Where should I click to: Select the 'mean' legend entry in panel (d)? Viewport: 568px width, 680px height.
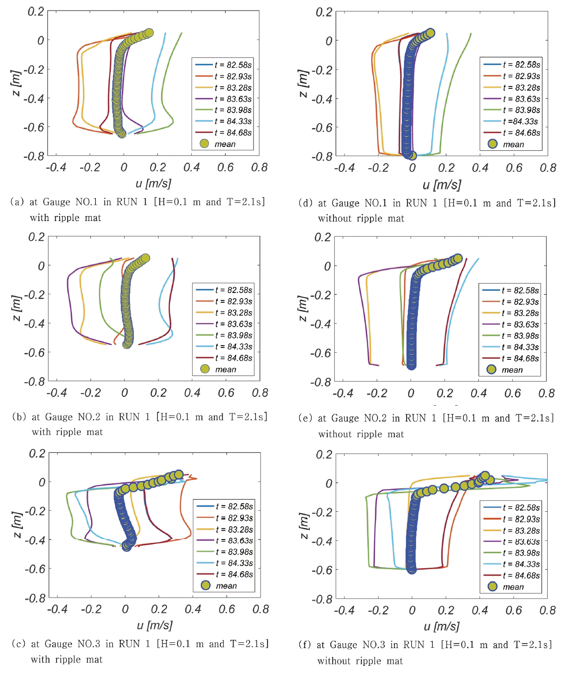click(x=513, y=144)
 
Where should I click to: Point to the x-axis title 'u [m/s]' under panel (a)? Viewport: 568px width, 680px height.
click(x=153, y=183)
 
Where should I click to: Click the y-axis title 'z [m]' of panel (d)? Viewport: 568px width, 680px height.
click(x=303, y=83)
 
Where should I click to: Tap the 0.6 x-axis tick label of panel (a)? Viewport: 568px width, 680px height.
click(x=225, y=167)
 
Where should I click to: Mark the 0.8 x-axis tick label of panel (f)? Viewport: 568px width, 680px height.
click(x=547, y=610)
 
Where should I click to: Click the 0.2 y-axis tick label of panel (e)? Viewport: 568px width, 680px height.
click(x=322, y=237)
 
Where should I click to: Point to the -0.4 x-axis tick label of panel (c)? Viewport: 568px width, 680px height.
click(x=57, y=609)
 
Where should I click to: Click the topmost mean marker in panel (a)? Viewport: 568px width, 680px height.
click(x=149, y=33)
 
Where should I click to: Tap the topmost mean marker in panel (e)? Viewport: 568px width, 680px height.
click(x=458, y=258)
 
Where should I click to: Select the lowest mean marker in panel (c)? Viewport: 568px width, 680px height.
click(x=127, y=546)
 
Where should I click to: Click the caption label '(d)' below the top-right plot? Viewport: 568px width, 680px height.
click(x=306, y=203)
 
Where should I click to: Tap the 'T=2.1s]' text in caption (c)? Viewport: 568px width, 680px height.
click(x=249, y=644)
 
